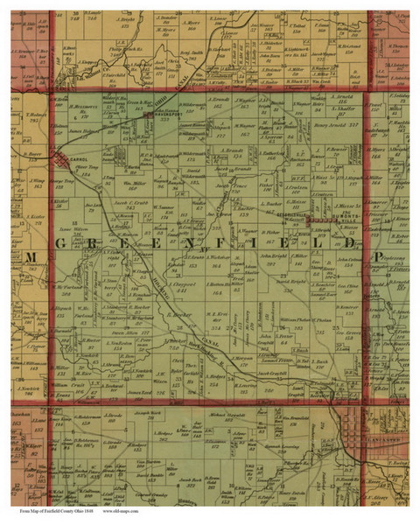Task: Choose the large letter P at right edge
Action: click(378, 256)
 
